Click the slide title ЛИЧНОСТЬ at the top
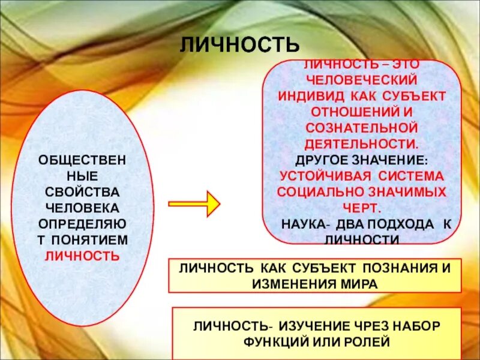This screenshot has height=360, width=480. tap(239, 44)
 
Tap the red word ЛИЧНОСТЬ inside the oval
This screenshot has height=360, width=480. tap(83, 255)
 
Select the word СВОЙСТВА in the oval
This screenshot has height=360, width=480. tap(83, 191)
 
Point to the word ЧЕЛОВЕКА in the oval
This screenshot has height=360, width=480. tap(83, 207)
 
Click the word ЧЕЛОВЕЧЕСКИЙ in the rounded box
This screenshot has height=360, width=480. tap(361, 79)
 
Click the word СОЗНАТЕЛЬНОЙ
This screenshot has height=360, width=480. tap(361, 128)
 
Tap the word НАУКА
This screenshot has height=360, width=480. tap(304, 224)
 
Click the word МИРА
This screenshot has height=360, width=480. tap(361, 283)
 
